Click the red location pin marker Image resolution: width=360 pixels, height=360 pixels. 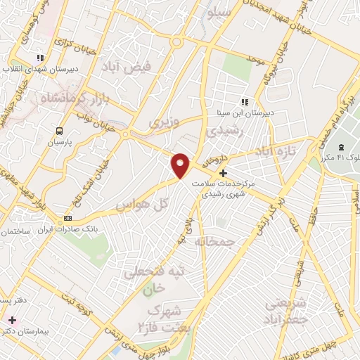click(181, 165)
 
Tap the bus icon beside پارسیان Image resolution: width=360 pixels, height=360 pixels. click(59, 131)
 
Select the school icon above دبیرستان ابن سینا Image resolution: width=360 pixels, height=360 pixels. click(245, 102)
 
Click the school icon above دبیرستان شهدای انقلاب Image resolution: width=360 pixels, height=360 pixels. click(41, 58)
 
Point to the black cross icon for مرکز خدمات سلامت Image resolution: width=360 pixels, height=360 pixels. click(224, 173)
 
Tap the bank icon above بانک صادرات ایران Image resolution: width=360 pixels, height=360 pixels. click(67, 217)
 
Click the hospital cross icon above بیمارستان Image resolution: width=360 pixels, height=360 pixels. click(11, 320)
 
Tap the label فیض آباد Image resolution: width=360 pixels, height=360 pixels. click(137, 69)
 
